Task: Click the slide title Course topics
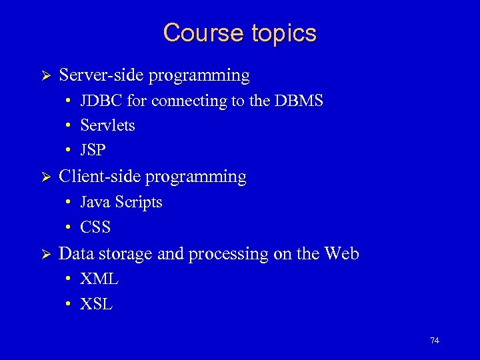click(x=240, y=33)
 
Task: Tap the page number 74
click(x=435, y=341)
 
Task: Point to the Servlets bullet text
click(x=107, y=125)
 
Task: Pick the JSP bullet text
click(x=93, y=151)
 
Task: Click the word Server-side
click(x=101, y=75)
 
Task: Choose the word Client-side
click(x=100, y=177)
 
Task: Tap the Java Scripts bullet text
click(x=121, y=202)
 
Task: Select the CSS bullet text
click(x=95, y=227)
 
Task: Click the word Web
click(x=341, y=254)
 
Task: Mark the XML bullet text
click(x=99, y=279)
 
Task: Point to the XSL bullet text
click(x=96, y=305)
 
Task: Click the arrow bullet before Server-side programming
click(x=47, y=76)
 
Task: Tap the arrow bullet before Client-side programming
click(x=47, y=177)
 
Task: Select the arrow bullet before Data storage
click(x=47, y=255)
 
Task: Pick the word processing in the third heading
click(x=226, y=254)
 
